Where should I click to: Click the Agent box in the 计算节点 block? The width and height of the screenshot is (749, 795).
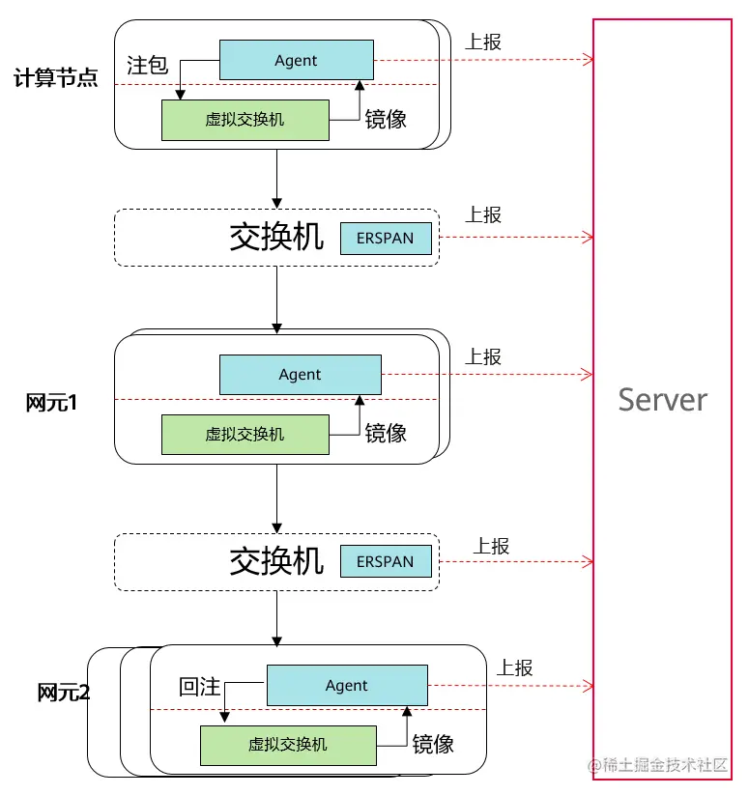click(x=296, y=60)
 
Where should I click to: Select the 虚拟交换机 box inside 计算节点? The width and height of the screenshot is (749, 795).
click(x=245, y=120)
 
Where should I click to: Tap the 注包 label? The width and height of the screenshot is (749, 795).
click(x=148, y=66)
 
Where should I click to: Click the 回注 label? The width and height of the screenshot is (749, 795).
click(x=200, y=687)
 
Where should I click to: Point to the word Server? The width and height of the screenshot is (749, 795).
click(x=662, y=399)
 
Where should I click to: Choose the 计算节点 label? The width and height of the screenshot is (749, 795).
click(x=56, y=78)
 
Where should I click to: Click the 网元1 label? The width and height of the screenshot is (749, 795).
click(x=51, y=403)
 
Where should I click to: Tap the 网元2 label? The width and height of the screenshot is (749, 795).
click(x=64, y=693)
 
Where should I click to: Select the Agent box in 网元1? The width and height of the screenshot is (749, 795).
click(x=300, y=375)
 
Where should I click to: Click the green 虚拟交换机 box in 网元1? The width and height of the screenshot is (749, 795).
click(x=245, y=434)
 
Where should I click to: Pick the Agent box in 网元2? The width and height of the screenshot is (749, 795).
click(x=346, y=686)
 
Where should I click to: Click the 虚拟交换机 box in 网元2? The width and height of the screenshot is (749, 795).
click(x=287, y=745)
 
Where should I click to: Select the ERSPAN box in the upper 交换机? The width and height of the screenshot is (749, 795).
click(x=385, y=238)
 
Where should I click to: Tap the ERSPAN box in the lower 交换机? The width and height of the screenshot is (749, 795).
click(x=385, y=561)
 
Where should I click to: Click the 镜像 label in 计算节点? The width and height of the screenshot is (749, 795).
click(x=385, y=119)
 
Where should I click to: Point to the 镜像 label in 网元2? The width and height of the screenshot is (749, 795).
click(x=433, y=744)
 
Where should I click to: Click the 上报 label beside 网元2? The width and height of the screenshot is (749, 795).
click(x=515, y=667)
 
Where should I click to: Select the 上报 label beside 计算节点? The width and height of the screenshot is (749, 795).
click(x=483, y=42)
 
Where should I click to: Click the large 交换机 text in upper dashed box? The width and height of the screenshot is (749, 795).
click(x=276, y=237)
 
